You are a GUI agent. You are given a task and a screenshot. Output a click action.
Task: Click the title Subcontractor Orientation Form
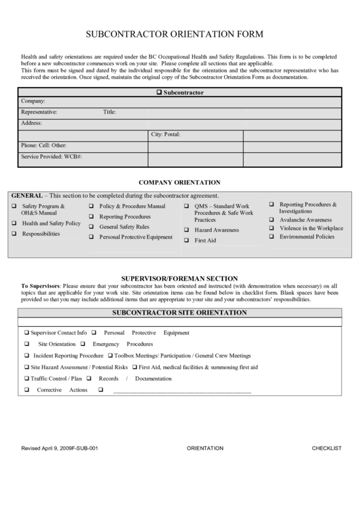[179, 33]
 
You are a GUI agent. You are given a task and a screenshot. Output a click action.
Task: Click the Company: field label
[33, 101]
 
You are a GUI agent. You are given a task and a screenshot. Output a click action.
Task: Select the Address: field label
[32, 123]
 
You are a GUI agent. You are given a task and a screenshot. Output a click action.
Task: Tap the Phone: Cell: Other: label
[43, 145]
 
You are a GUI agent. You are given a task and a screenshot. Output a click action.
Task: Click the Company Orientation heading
[179, 182]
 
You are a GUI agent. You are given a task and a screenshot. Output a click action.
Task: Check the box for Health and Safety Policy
[14, 223]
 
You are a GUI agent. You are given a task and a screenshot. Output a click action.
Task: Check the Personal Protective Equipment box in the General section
[92, 237]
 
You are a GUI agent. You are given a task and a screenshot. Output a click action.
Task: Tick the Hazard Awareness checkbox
[187, 230]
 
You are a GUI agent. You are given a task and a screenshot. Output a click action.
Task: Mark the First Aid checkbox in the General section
[187, 241]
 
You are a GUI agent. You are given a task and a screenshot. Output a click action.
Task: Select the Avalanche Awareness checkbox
[272, 220]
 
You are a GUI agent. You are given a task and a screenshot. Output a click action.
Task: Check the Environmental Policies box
[272, 237]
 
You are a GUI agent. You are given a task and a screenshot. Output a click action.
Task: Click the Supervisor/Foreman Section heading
[179, 279]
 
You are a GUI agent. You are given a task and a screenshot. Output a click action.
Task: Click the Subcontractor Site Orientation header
[179, 313]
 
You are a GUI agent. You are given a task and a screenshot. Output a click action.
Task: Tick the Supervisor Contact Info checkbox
[26, 333]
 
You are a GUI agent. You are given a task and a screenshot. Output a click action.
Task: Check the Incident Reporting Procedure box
[26, 355]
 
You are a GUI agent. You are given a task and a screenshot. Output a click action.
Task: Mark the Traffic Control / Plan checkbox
[26, 379]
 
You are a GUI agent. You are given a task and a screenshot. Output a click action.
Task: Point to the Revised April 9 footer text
[65, 449]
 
